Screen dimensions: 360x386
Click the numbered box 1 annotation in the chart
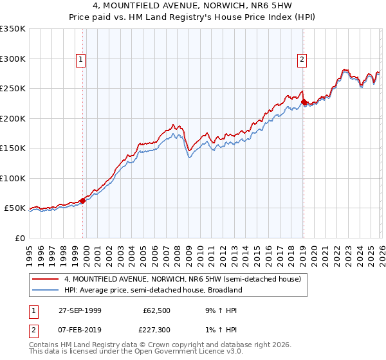click(82, 60)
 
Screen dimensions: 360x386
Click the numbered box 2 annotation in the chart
click(302, 60)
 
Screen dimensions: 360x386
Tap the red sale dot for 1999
click(83, 201)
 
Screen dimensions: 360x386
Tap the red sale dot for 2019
click(304, 102)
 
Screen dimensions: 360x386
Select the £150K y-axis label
click(13, 148)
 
